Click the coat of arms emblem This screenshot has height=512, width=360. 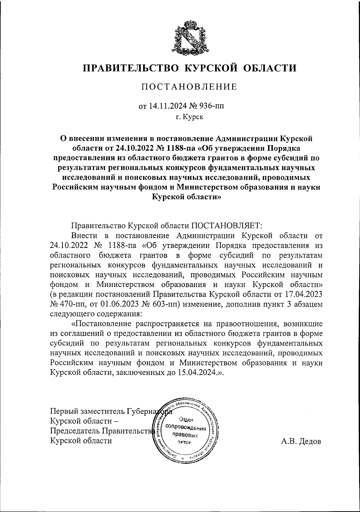pos(189,38)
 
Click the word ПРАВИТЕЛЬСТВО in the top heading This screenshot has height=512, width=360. pos(131,68)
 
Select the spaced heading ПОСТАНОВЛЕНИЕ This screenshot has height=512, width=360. pos(189,87)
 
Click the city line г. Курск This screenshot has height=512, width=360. pos(189,117)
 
